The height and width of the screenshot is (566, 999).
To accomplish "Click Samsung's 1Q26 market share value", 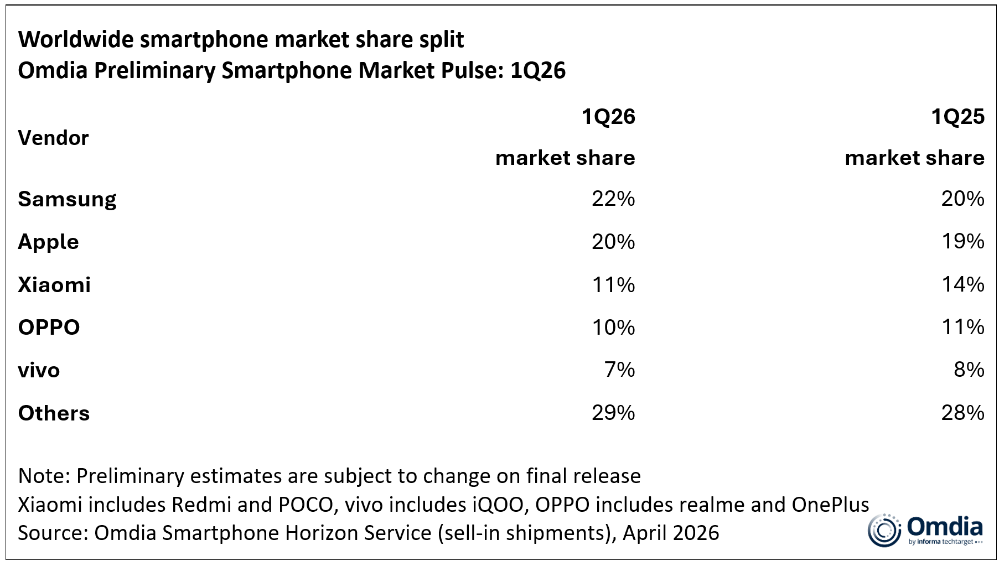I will (613, 199).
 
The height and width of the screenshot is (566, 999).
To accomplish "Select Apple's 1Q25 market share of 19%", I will (962, 242).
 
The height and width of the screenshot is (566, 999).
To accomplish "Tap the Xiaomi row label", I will (54, 285).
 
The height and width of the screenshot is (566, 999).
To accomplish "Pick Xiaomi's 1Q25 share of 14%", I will (962, 285).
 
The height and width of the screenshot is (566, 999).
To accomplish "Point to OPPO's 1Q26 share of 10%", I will (613, 328).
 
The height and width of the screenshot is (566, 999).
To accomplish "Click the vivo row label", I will (39, 370).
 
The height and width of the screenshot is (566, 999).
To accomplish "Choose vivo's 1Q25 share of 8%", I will (969, 370).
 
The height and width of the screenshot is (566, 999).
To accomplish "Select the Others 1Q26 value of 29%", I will (613, 413).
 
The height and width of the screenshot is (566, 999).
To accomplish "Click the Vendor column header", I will (53, 138).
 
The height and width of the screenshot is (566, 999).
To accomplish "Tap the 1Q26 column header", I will (608, 117).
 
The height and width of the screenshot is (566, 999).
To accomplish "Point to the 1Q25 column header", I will (957, 117).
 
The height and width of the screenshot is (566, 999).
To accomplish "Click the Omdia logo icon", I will (884, 530).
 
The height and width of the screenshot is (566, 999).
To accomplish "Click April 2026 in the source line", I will (671, 533).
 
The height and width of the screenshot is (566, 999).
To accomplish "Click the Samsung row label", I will (67, 199).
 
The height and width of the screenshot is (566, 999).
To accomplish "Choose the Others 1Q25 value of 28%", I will (962, 413).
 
